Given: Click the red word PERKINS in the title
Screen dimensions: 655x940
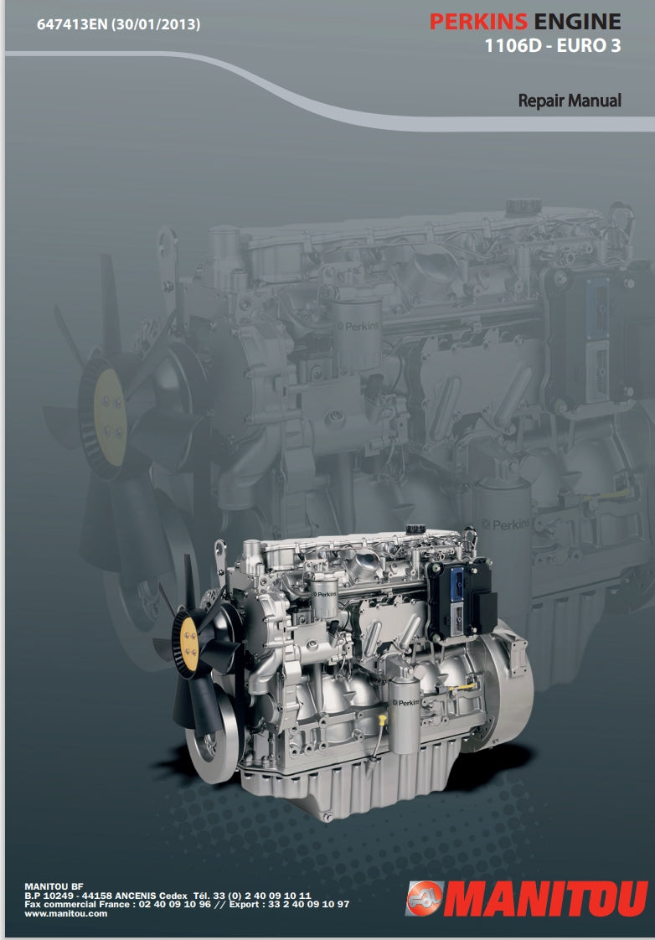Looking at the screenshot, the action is click(478, 22).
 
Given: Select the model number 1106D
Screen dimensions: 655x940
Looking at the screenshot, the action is click(513, 46).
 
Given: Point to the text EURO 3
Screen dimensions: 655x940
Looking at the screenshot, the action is click(589, 46).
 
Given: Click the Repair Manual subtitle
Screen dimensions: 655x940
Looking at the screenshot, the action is click(570, 100).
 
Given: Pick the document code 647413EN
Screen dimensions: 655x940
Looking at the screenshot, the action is click(72, 24).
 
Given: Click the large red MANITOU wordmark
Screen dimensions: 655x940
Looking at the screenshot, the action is click(546, 897).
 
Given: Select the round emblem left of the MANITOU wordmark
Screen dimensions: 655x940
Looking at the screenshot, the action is click(425, 898).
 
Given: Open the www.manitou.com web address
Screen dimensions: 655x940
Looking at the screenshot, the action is click(66, 914).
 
